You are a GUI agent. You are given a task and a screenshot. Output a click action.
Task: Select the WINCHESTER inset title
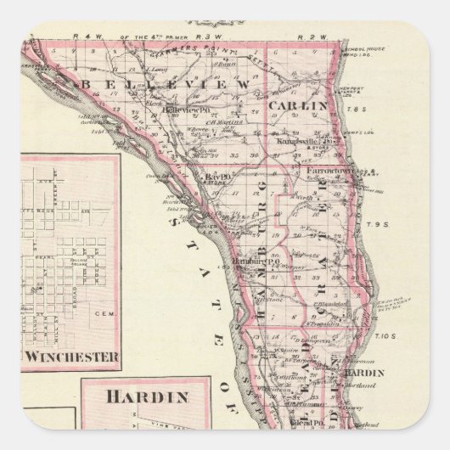click(71, 357)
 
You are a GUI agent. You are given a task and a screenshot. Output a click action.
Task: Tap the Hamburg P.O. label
click(251, 262)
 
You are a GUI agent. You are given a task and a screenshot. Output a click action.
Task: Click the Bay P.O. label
click(209, 177)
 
